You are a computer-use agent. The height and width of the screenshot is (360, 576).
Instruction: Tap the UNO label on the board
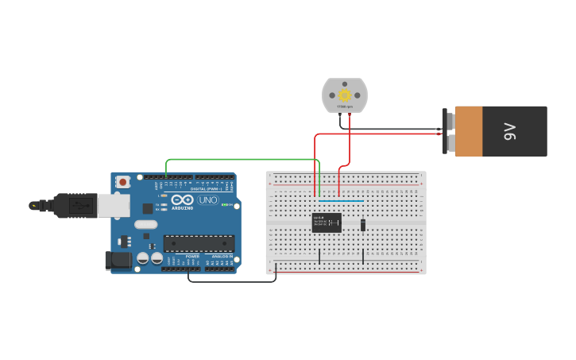coord(207,200)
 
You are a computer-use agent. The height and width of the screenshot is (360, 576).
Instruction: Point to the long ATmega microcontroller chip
coord(199,243)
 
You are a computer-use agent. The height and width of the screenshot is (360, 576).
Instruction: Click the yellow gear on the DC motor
coord(345,95)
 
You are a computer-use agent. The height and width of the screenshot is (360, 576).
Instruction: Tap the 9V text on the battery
coord(509,131)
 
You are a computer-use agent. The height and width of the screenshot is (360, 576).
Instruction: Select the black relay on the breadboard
coord(327,223)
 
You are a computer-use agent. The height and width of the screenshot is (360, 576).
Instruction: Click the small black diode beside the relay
coord(363,225)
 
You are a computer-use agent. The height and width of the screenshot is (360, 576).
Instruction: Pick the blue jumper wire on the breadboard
coord(342,201)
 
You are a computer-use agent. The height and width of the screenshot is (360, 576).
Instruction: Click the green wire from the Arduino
coord(242,160)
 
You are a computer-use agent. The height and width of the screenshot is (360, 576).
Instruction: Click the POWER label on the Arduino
coord(192,257)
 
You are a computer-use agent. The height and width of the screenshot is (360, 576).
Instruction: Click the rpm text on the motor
coord(345,106)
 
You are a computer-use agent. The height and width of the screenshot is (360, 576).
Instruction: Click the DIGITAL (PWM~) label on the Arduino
coord(206,189)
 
